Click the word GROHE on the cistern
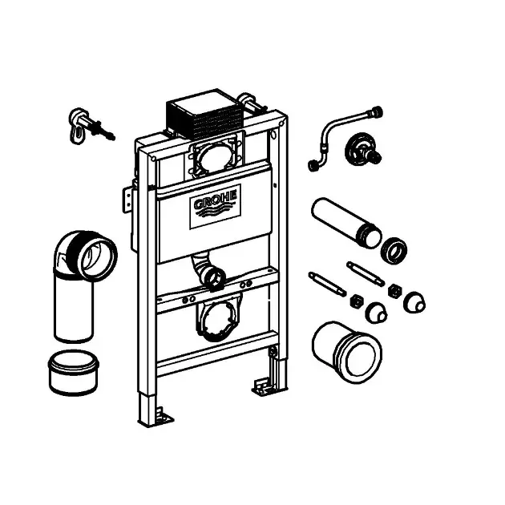pos(216,200)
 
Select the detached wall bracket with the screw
pos(91,127)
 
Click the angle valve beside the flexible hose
pos(362,151)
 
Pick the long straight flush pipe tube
pos(346,223)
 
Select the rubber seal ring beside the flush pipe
pos(394,250)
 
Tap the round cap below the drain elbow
pos(74,373)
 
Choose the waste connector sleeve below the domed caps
pos(347,352)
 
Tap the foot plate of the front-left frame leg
pos(161,416)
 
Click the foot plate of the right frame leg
pos(265,387)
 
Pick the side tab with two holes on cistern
pos(128,200)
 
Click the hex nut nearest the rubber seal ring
pos(394,290)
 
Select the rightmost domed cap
pos(414,302)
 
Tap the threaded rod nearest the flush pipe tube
pos(366,274)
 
